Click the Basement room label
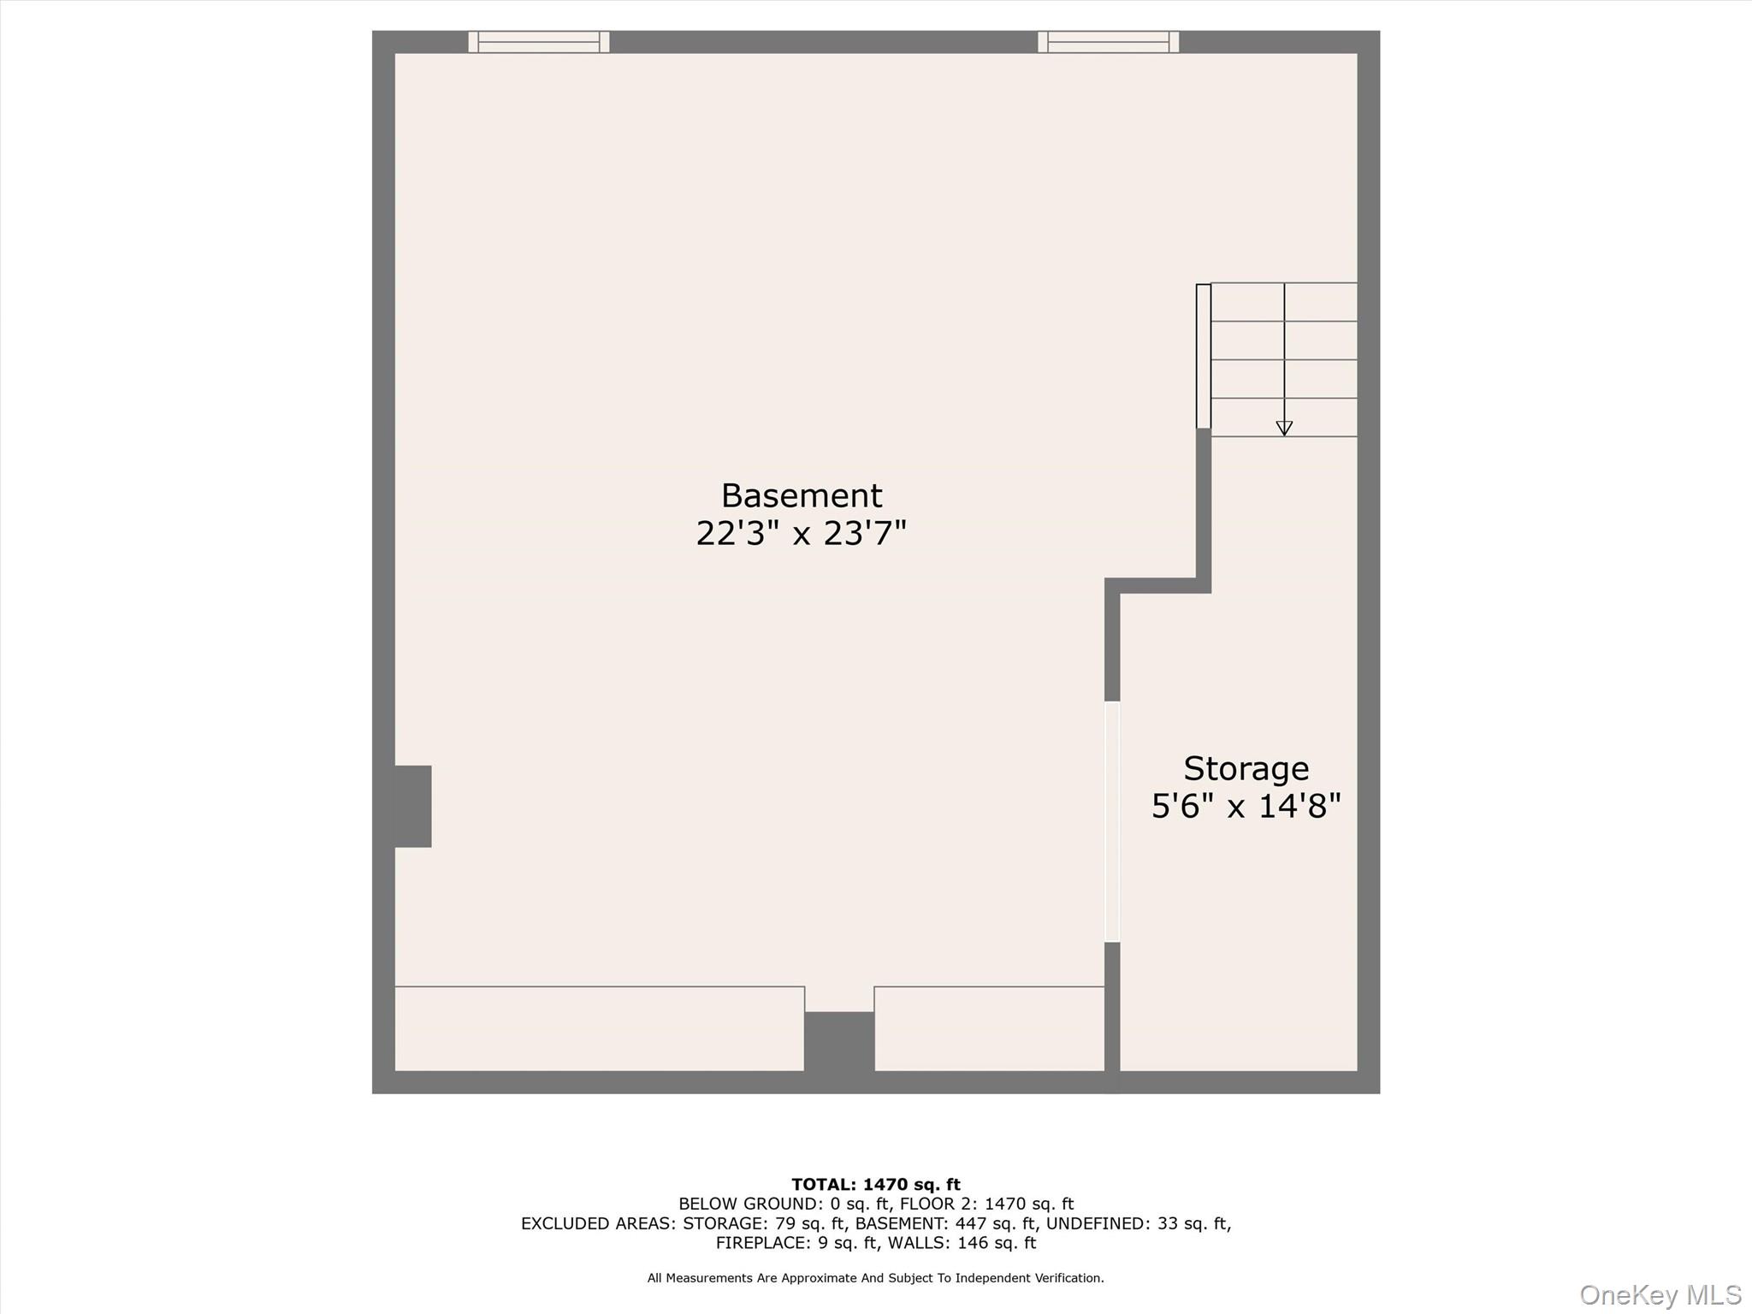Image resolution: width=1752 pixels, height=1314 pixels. point(801,496)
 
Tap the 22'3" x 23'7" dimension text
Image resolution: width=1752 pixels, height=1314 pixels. point(801,534)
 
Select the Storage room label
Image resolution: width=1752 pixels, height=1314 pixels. point(1246,769)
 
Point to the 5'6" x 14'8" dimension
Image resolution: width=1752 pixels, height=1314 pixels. point(1246,807)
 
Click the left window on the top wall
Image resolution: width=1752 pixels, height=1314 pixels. point(539,42)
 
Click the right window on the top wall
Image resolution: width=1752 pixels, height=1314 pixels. point(1108,42)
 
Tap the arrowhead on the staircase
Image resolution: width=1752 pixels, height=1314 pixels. point(1284,428)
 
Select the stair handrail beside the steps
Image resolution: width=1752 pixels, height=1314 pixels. point(1203,356)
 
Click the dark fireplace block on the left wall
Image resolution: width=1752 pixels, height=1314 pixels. point(412,806)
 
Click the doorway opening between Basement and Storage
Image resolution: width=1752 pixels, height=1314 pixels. point(1112,821)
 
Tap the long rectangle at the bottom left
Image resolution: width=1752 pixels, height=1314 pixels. point(599,1028)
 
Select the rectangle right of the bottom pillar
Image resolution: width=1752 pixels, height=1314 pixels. point(989,1028)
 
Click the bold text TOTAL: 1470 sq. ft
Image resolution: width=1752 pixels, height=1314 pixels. point(876,1185)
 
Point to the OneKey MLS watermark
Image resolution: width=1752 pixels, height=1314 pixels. point(1660,1294)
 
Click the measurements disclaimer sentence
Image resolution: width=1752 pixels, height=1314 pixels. point(876,1278)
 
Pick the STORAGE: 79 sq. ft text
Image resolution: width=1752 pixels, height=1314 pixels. point(763,1223)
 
